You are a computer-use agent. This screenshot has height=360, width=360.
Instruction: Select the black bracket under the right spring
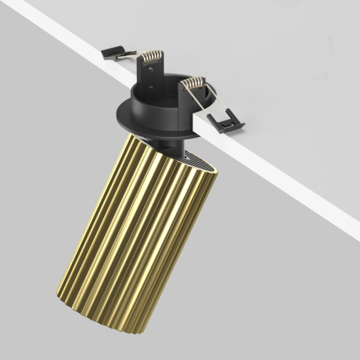[188, 98]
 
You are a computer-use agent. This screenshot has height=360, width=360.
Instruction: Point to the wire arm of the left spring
[130, 57]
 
